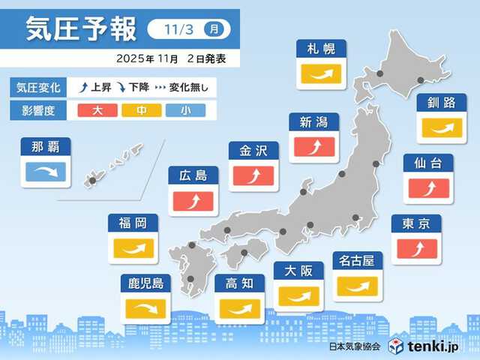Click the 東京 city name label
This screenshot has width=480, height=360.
point(416,224)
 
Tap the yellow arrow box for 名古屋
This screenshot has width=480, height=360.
point(358,285)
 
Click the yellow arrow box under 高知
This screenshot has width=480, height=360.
point(240,308)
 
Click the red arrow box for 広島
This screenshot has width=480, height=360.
point(193,201)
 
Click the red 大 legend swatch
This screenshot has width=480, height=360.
point(97,110)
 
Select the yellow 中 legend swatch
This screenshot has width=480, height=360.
point(140,110)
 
